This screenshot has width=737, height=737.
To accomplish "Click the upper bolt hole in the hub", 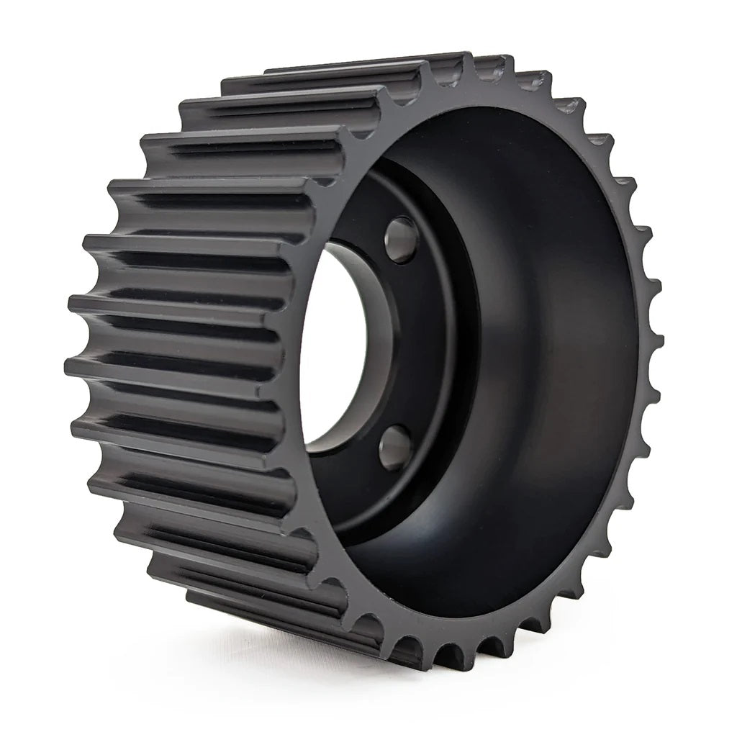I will [x=400, y=239].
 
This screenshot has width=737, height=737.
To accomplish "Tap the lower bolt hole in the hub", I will [x=395, y=447].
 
